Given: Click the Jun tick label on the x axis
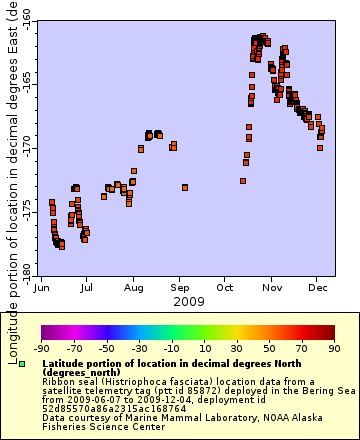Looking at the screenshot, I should tap(41, 287).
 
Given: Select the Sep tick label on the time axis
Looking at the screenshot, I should tap(180, 287).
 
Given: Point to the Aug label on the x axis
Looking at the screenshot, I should tap(133, 287).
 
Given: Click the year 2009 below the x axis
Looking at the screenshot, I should tap(188, 301).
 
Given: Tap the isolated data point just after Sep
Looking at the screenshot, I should tap(185, 187).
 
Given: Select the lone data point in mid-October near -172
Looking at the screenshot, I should tap(243, 181).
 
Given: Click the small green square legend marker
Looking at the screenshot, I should tap(22, 364).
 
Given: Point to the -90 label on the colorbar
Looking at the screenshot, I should tap(42, 349).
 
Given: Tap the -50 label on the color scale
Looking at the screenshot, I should tap(105, 349).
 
